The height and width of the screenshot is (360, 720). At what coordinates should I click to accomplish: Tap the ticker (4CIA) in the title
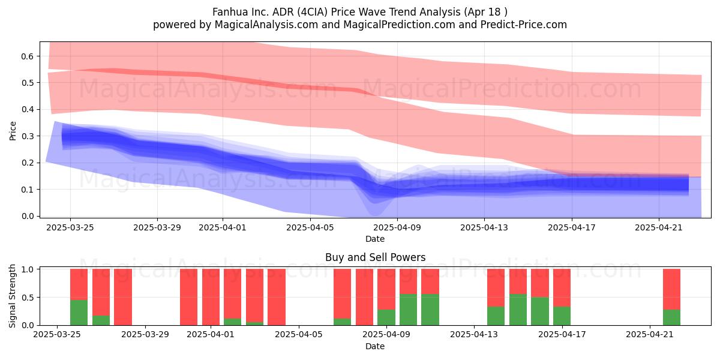click(x=312, y=12)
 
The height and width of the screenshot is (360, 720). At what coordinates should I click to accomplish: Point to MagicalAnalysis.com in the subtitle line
click(x=266, y=25)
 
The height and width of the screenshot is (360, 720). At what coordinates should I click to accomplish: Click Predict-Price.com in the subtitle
click(x=524, y=25)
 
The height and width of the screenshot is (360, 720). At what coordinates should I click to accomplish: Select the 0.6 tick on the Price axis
click(x=28, y=56)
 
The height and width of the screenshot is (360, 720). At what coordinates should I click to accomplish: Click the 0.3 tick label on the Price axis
click(x=28, y=136)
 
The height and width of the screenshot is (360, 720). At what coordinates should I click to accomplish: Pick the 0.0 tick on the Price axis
click(x=28, y=216)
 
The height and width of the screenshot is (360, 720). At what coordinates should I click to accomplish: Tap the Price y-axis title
click(x=13, y=131)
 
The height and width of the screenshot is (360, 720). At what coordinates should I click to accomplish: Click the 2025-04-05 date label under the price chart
click(x=310, y=227)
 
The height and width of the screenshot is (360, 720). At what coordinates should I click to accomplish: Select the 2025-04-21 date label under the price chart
click(x=659, y=227)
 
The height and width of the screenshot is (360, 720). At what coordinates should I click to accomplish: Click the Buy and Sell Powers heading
click(x=375, y=257)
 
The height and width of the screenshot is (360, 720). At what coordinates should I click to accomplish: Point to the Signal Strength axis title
click(x=12, y=296)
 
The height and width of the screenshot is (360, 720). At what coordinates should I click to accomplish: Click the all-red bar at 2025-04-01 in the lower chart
click(x=211, y=297)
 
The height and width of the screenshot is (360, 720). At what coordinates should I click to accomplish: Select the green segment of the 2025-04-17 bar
click(x=562, y=316)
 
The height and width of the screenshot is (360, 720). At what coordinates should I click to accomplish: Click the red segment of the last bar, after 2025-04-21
click(x=672, y=289)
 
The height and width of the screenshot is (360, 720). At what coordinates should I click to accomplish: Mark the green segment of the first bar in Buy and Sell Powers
click(x=79, y=313)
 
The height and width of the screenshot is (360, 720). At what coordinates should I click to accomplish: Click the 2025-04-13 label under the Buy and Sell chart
click(x=474, y=335)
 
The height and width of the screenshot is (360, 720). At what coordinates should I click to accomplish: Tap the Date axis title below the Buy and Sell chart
click(x=375, y=346)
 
